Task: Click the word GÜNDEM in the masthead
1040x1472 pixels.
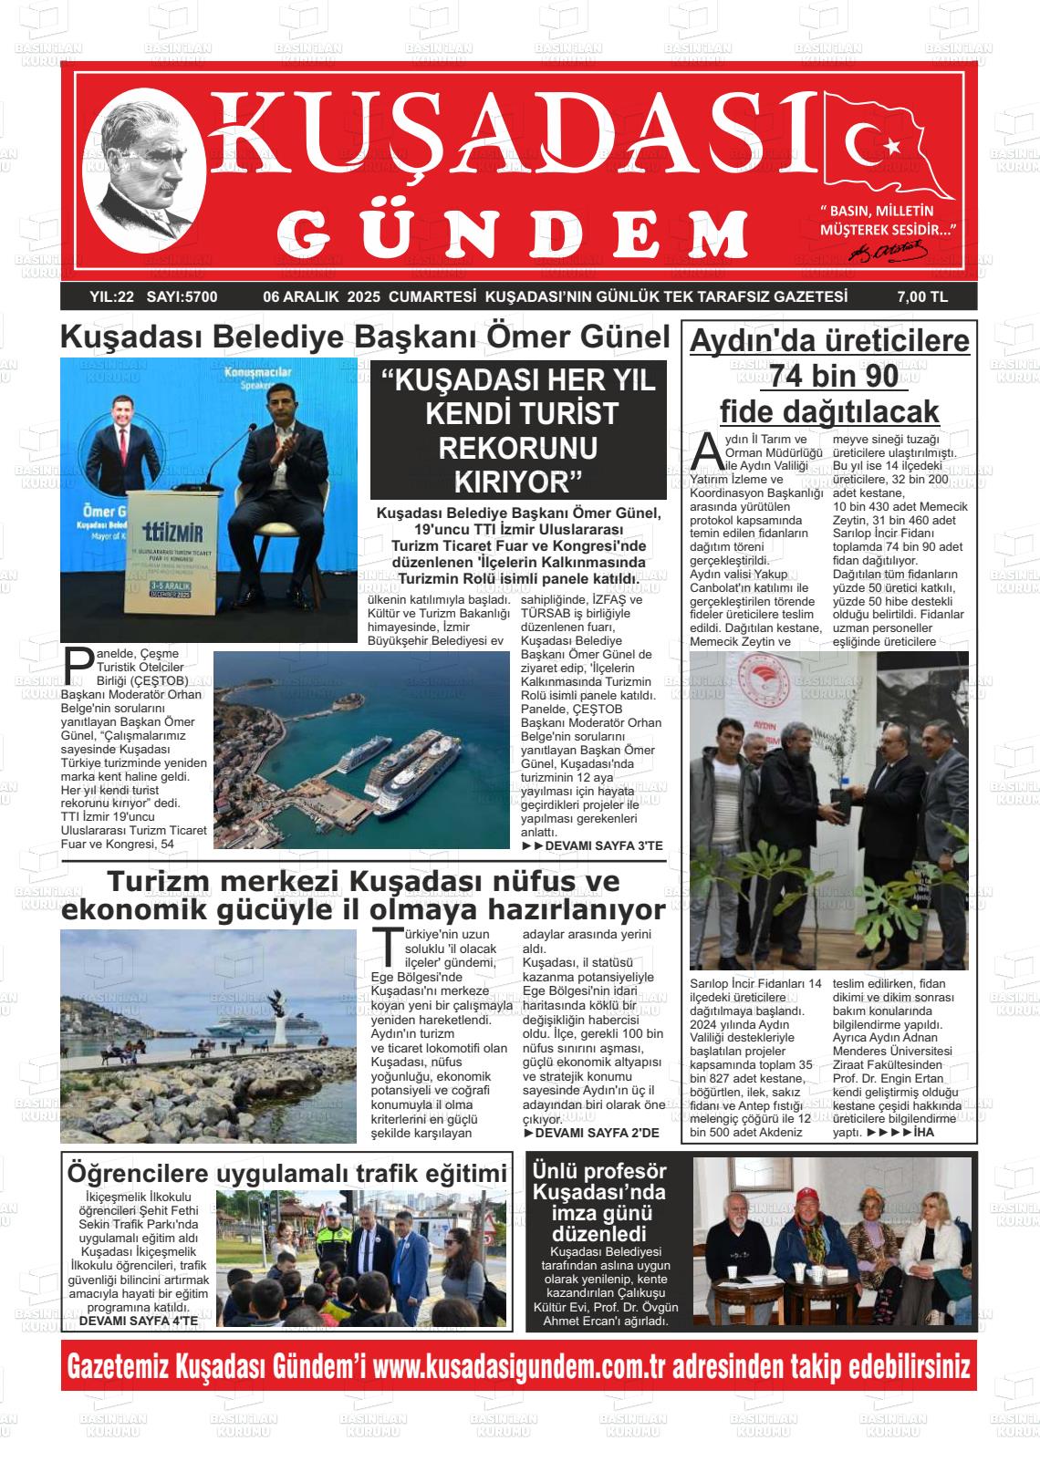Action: click(x=516, y=233)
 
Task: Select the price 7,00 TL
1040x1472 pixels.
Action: click(x=922, y=296)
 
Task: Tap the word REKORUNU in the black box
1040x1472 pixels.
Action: click(x=518, y=448)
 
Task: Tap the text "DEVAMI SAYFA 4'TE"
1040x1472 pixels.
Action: click(x=138, y=1320)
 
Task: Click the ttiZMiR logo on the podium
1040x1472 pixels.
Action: click(x=173, y=530)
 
